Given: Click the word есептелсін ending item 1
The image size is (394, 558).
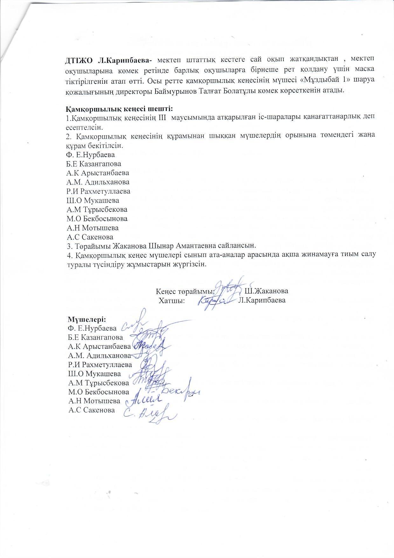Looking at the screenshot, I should [x=84, y=127].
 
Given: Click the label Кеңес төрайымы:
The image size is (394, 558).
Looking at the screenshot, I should [x=185, y=291].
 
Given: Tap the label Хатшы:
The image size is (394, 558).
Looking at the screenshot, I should [x=172, y=300].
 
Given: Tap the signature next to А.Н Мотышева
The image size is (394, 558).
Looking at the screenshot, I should [x=145, y=399].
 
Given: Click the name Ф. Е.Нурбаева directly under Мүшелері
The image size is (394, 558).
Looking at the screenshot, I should [x=92, y=328].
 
